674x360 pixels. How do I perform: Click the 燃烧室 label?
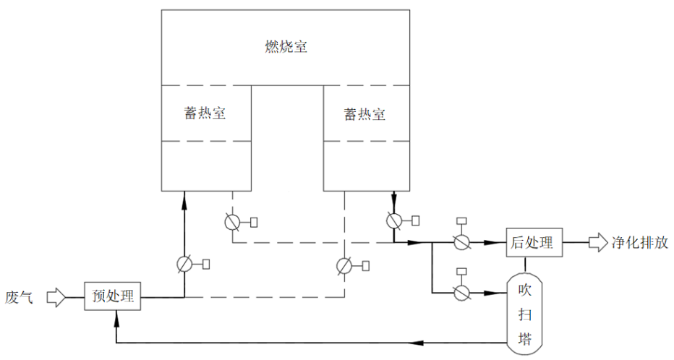(285, 48)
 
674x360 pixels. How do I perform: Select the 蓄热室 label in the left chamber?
(205, 113)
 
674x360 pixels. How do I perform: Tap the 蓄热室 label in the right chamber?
(364, 114)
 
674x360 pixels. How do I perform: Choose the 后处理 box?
(533, 243)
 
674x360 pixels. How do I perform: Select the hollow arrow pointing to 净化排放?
(599, 243)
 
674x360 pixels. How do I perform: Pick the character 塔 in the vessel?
(526, 337)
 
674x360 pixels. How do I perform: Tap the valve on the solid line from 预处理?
(185, 265)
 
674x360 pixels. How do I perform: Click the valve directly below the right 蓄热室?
(394, 220)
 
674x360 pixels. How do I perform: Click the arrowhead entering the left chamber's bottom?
(185, 197)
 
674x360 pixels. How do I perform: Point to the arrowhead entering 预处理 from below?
(116, 317)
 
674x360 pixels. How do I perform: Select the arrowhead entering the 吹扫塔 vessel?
(499, 293)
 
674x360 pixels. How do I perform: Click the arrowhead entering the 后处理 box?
(499, 243)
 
